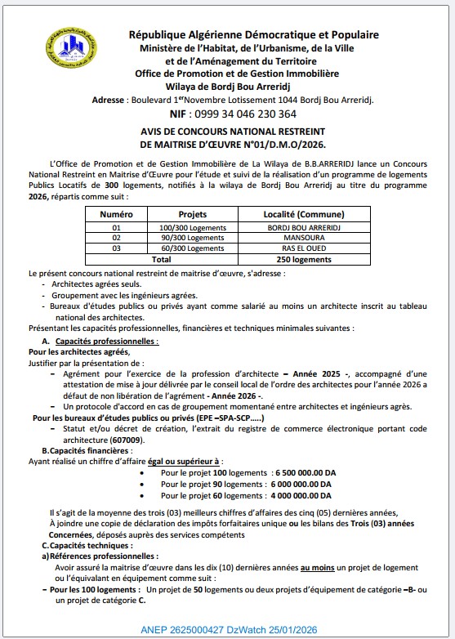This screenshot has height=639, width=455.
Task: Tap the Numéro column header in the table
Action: pos(116,212)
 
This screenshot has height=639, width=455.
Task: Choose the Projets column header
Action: pos(193,212)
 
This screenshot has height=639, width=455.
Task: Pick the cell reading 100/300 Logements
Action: pos(193,227)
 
